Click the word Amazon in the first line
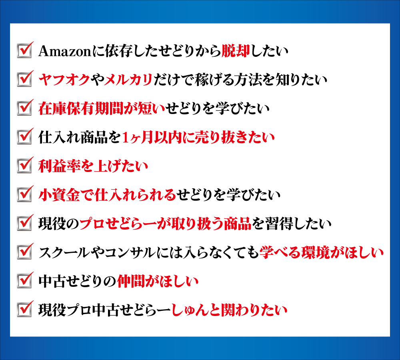click(x=65, y=51)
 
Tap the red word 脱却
click(x=236, y=51)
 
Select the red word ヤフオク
click(x=64, y=80)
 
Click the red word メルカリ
click(x=128, y=80)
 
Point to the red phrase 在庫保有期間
click(x=81, y=108)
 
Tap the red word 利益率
click(x=60, y=166)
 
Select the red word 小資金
click(x=60, y=195)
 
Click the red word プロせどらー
click(x=118, y=224)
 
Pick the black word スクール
click(x=63, y=252)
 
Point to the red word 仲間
click(x=131, y=282)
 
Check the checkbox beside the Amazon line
click(x=25, y=50)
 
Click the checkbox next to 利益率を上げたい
click(x=25, y=165)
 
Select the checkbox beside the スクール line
click(x=25, y=252)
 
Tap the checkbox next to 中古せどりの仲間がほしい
click(x=25, y=280)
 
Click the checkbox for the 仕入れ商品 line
click(x=25, y=136)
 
